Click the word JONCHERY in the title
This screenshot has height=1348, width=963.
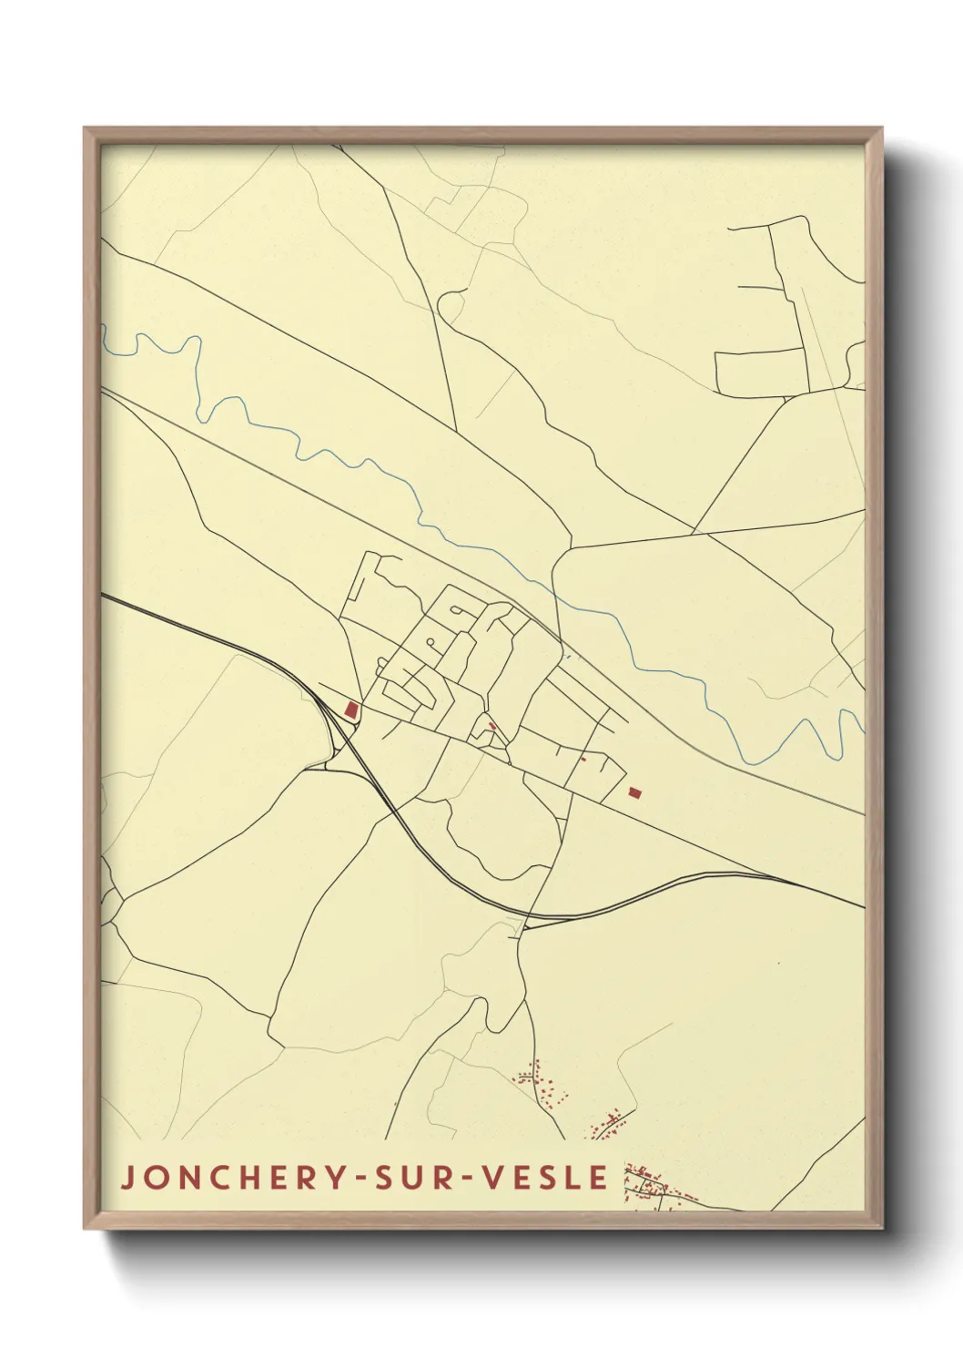pos(233,1177)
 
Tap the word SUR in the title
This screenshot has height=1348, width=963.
pos(411,1177)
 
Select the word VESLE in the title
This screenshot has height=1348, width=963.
pos(544,1177)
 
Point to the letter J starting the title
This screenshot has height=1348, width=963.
pos(127,1177)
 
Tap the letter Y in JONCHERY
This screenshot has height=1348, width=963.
pos(336,1177)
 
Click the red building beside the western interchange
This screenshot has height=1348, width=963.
pos(351,709)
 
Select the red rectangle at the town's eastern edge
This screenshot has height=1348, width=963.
pos(634,792)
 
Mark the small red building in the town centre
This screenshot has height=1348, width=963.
pos(492,726)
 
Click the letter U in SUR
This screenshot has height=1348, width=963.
pos(411,1177)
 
